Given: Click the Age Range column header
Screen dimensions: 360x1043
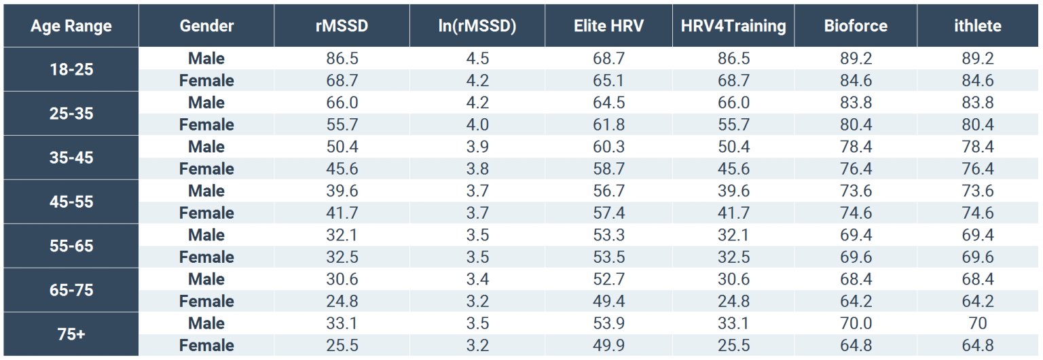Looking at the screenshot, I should click(70, 26).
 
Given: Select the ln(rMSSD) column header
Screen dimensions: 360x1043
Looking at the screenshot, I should click(477, 26).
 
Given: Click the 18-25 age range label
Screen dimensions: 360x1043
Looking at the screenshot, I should click(70, 70).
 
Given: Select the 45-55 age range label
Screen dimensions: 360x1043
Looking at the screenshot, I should click(70, 202).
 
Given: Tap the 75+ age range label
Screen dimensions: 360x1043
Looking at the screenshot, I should click(70, 334).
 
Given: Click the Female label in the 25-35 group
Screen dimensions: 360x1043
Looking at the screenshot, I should click(206, 125).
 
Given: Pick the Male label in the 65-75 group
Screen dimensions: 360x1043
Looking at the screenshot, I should click(206, 279).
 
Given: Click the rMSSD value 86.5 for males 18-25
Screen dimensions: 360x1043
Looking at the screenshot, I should click(342, 59).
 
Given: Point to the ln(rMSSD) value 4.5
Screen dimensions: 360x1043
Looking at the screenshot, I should click(477, 59).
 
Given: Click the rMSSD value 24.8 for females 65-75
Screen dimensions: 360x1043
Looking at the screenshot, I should click(342, 301).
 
